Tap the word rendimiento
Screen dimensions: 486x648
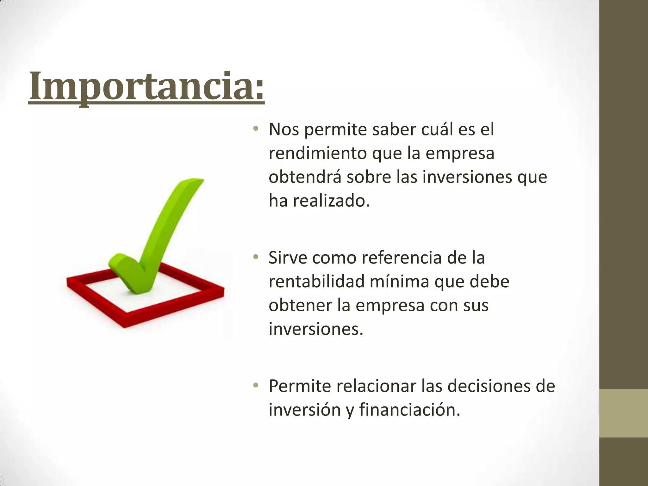coord(317,153)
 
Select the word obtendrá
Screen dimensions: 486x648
coord(305,177)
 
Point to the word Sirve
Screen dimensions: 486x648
coord(288,258)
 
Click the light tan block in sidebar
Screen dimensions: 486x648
coord(624,413)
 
